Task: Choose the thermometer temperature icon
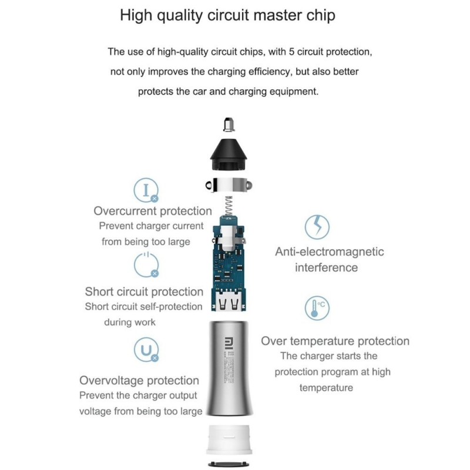coord(317,308)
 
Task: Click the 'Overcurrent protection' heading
coord(153,211)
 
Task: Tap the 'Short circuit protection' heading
coord(144,292)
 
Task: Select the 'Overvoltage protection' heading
coord(139,381)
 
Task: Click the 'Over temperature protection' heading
coord(335,341)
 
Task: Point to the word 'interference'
coord(326,268)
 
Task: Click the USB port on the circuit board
coord(230,305)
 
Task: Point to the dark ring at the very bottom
coord(229,464)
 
